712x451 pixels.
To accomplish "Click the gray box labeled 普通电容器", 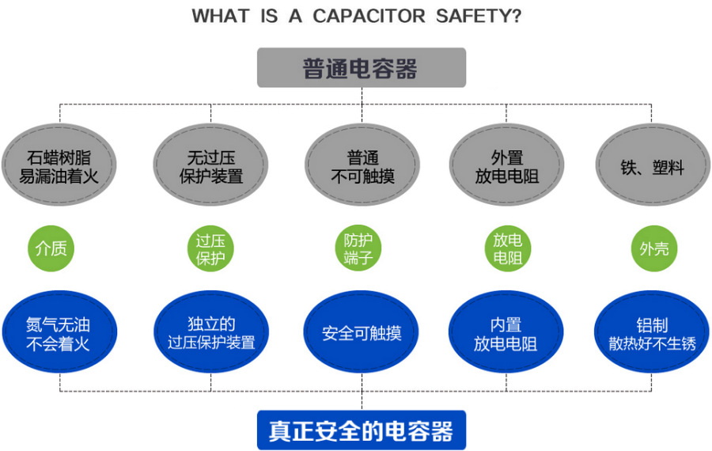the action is [361, 68].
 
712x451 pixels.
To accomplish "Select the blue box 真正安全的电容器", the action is [361, 431].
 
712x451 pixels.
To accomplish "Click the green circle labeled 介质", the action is [51, 248].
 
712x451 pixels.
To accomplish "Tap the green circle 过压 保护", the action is [210, 248].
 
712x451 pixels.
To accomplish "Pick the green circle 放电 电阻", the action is [507, 248].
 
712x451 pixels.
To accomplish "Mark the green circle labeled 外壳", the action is [653, 248].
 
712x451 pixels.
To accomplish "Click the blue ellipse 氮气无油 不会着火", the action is [59, 333].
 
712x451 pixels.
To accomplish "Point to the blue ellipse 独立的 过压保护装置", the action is [210, 333].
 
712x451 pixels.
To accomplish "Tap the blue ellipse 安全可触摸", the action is [362, 333].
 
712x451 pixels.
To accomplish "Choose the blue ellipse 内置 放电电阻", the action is [506, 333].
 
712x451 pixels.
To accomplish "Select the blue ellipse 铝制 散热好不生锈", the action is [652, 333].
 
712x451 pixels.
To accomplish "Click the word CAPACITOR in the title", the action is [369, 17].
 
